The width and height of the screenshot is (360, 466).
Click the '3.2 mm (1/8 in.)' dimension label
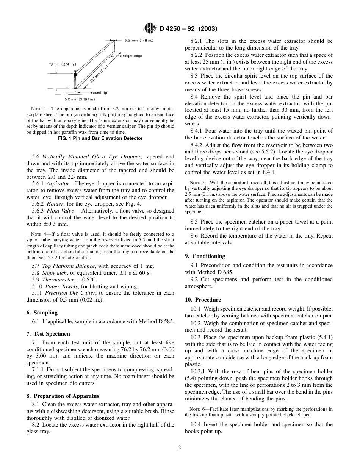point(139,40)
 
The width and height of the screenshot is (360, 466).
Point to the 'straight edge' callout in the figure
point(131,56)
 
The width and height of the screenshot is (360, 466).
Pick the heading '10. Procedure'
point(203,299)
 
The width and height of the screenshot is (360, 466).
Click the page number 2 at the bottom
point(180,447)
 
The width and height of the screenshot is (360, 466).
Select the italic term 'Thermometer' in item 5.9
point(58,279)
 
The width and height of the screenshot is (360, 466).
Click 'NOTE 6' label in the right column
point(196,409)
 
